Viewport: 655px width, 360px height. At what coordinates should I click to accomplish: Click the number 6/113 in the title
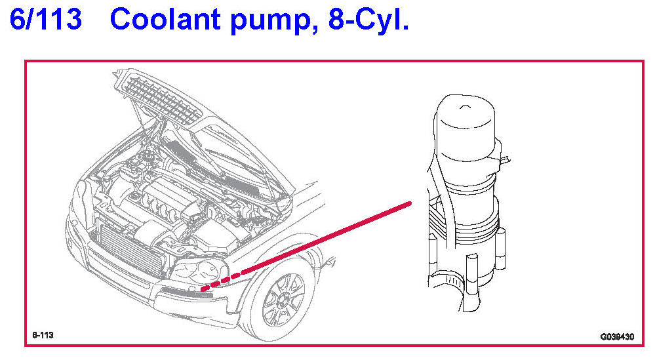pos(45,19)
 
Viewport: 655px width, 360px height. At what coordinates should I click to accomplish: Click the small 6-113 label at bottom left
pos(43,335)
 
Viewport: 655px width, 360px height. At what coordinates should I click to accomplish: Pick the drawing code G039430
pos(617,336)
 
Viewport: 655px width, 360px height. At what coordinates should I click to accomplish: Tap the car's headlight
pos(200,271)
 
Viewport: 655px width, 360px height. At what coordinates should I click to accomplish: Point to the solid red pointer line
pos(327,238)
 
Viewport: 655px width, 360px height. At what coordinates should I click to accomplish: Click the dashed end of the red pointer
pos(222,281)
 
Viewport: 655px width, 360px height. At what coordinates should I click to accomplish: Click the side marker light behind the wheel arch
pos(330,262)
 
